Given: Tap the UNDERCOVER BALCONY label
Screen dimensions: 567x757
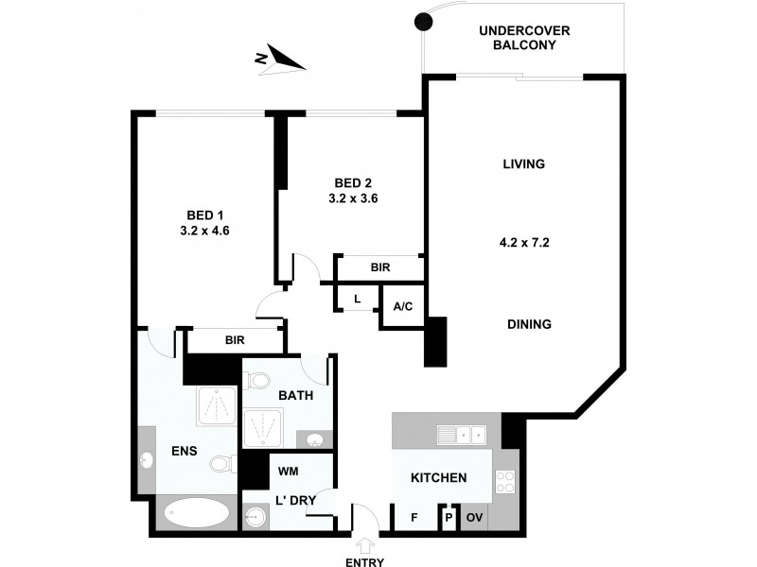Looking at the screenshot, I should click(x=524, y=38).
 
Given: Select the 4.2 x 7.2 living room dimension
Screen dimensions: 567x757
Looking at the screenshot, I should click(x=525, y=242).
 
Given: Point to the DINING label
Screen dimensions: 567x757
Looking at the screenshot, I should click(x=528, y=324).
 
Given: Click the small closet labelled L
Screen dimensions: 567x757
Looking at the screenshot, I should click(x=357, y=298).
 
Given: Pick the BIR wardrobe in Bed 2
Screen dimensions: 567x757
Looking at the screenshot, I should click(x=379, y=268).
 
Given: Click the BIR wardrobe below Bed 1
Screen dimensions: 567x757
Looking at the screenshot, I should click(x=235, y=340).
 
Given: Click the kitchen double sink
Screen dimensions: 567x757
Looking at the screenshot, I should click(x=462, y=435).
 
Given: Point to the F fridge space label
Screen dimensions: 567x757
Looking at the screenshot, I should click(x=414, y=518).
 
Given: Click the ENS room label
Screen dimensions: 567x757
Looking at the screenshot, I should click(x=184, y=452).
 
